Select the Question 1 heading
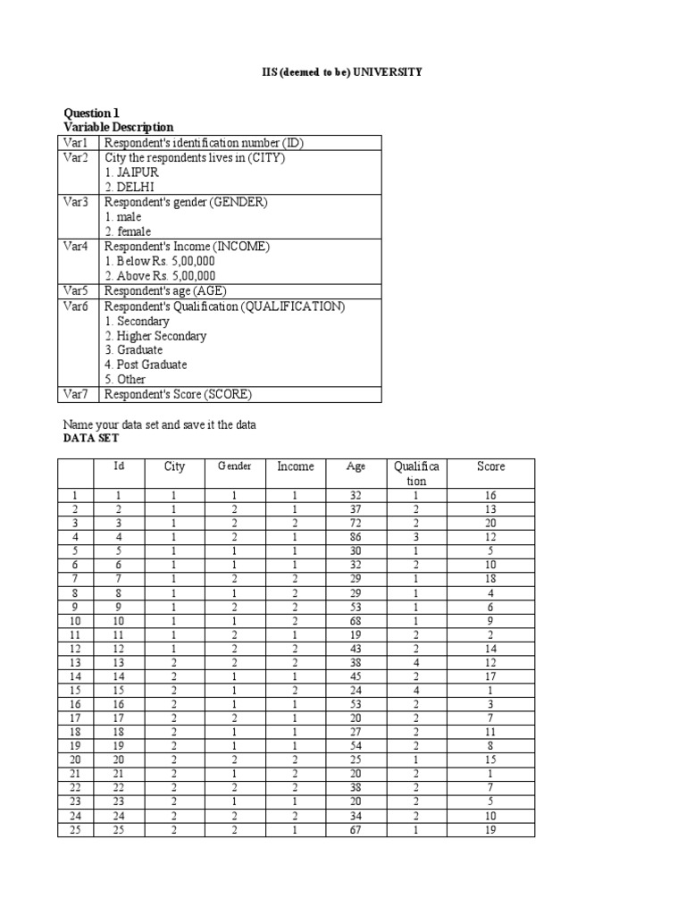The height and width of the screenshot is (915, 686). click(90, 113)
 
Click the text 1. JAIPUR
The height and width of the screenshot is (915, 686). click(130, 172)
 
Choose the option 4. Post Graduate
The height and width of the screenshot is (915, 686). click(146, 365)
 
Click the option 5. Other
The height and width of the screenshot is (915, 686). click(125, 380)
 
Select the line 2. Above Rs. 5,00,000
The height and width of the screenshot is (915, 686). click(160, 276)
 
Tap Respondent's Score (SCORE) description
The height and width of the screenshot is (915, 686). click(178, 394)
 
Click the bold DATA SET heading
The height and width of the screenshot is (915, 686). click(90, 439)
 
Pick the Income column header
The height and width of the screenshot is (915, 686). click(296, 466)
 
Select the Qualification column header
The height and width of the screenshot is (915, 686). click(410, 474)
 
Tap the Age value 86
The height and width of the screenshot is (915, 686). click(356, 537)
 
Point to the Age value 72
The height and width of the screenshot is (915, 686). click(356, 523)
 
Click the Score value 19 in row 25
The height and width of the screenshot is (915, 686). click(490, 830)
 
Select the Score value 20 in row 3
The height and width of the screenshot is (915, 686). click(490, 523)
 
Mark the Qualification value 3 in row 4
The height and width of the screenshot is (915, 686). click(414, 537)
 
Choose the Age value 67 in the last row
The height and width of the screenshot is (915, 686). click(356, 830)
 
